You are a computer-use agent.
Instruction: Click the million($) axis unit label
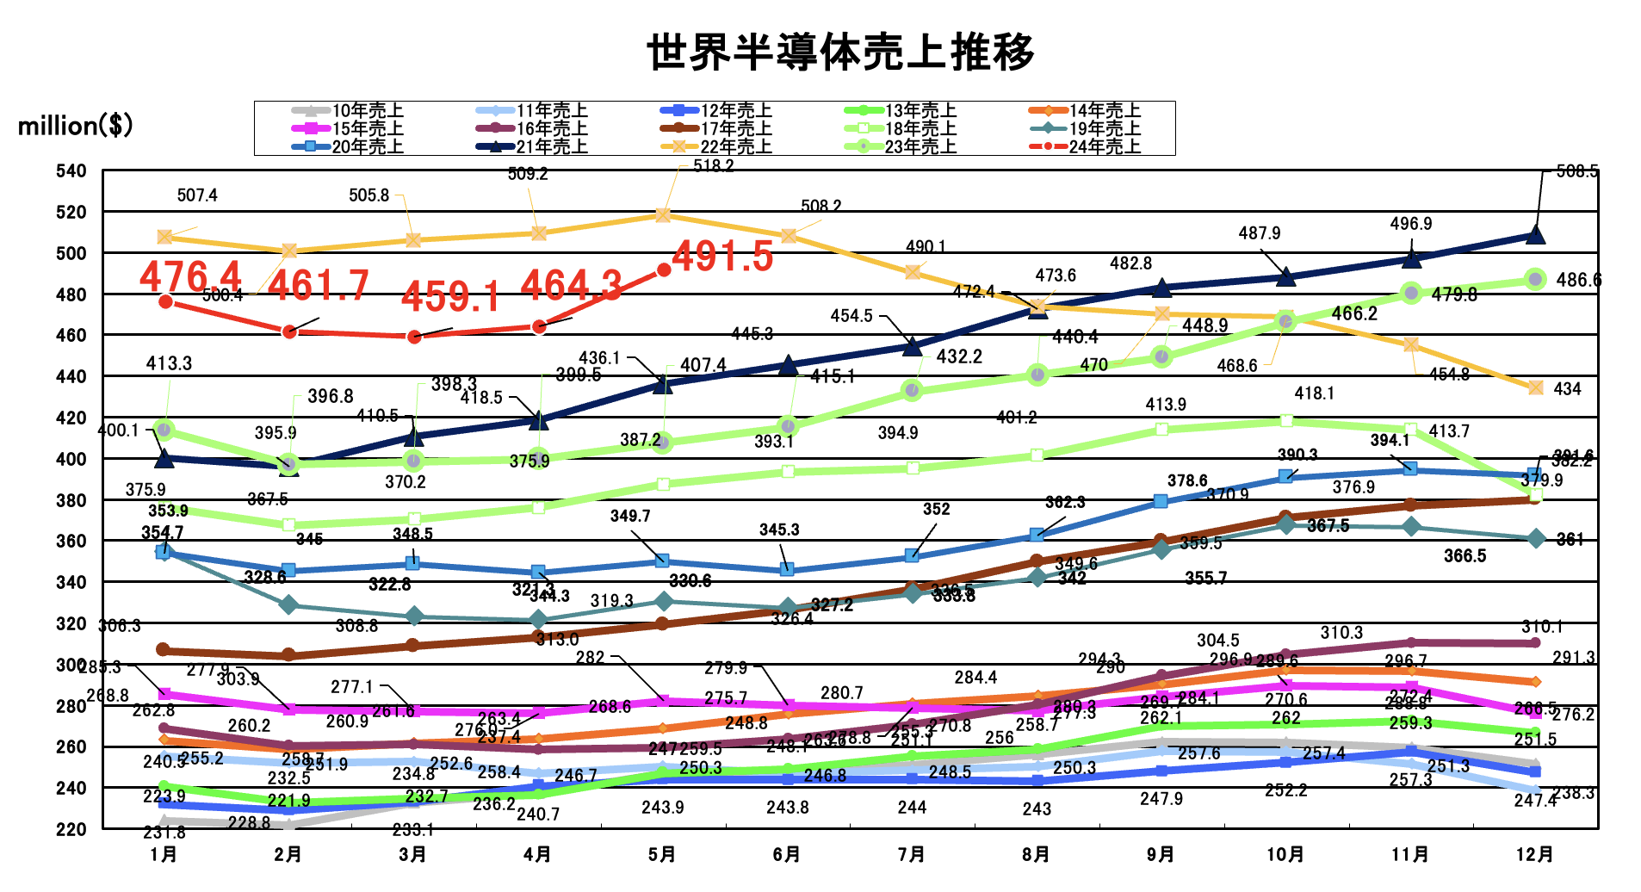(x=76, y=126)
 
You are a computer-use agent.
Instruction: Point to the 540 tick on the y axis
(x=71, y=170)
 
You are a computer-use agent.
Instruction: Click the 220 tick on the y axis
(x=71, y=828)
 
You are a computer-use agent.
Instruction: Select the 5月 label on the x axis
(x=662, y=854)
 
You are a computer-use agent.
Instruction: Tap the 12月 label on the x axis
(x=1535, y=854)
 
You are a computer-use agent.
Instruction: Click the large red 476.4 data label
(x=190, y=277)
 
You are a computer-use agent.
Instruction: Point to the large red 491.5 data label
(x=722, y=256)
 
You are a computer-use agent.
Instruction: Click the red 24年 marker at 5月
(x=664, y=270)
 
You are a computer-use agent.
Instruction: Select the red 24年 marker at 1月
(x=165, y=301)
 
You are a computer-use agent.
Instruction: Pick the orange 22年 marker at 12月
(x=1535, y=387)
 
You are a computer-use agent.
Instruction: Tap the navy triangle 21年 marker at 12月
(x=1535, y=234)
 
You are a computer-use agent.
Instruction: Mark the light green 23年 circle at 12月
(x=1535, y=279)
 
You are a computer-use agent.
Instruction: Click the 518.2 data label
(x=713, y=166)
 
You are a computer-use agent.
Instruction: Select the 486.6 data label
(x=1578, y=280)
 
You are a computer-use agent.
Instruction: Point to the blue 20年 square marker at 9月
(x=1161, y=501)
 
